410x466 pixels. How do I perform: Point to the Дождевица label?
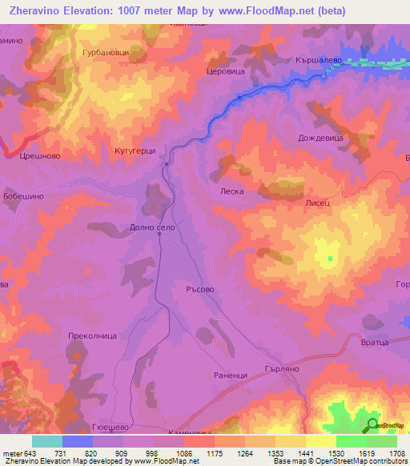point(320,139)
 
